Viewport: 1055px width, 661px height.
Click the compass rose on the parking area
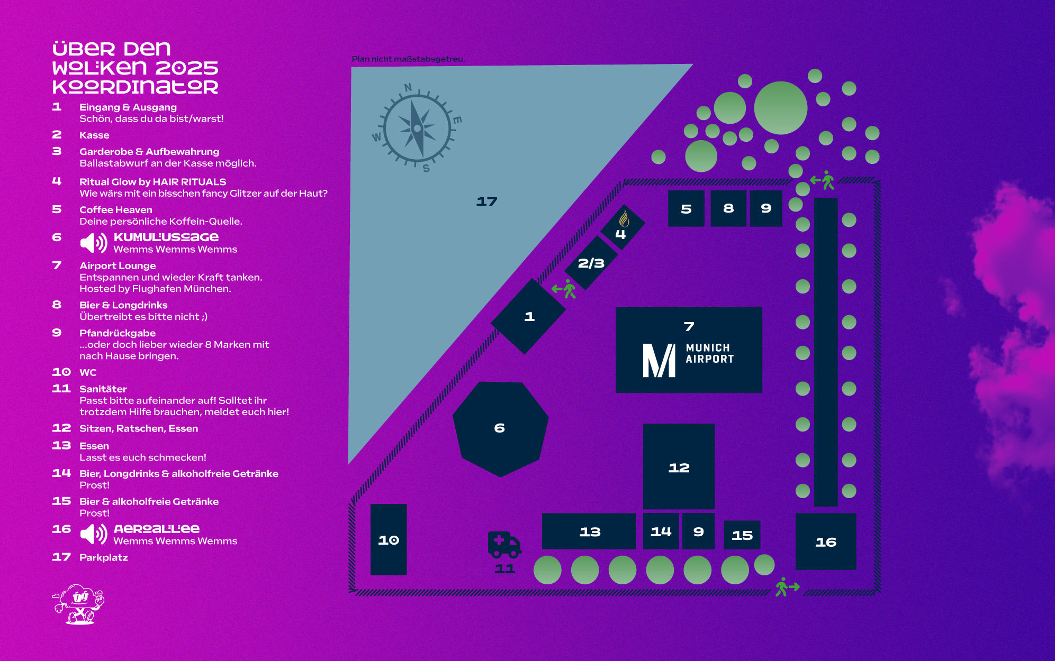click(417, 128)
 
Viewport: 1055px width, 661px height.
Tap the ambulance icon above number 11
click(503, 545)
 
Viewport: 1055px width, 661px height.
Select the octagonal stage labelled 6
click(500, 428)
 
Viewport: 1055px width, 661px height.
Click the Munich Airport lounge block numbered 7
click(688, 350)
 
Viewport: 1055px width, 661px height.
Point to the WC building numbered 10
click(389, 539)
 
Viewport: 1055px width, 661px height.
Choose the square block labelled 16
click(825, 541)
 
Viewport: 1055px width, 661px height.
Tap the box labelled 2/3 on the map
click(591, 263)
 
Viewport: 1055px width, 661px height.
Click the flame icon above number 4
click(624, 218)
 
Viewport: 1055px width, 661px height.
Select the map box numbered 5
click(686, 209)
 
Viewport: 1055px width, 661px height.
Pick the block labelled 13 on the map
click(589, 531)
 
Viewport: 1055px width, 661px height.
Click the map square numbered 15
click(742, 535)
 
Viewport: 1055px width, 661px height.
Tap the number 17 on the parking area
click(486, 201)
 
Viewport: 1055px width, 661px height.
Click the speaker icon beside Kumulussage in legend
click(94, 243)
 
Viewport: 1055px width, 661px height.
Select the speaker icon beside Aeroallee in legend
click(94, 534)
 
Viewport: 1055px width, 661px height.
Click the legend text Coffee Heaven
click(116, 210)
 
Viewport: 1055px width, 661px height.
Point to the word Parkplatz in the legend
click(104, 557)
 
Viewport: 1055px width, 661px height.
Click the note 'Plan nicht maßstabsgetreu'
click(408, 59)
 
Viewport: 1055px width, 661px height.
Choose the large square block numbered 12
click(679, 467)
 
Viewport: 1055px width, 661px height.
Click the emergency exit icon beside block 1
click(564, 289)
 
